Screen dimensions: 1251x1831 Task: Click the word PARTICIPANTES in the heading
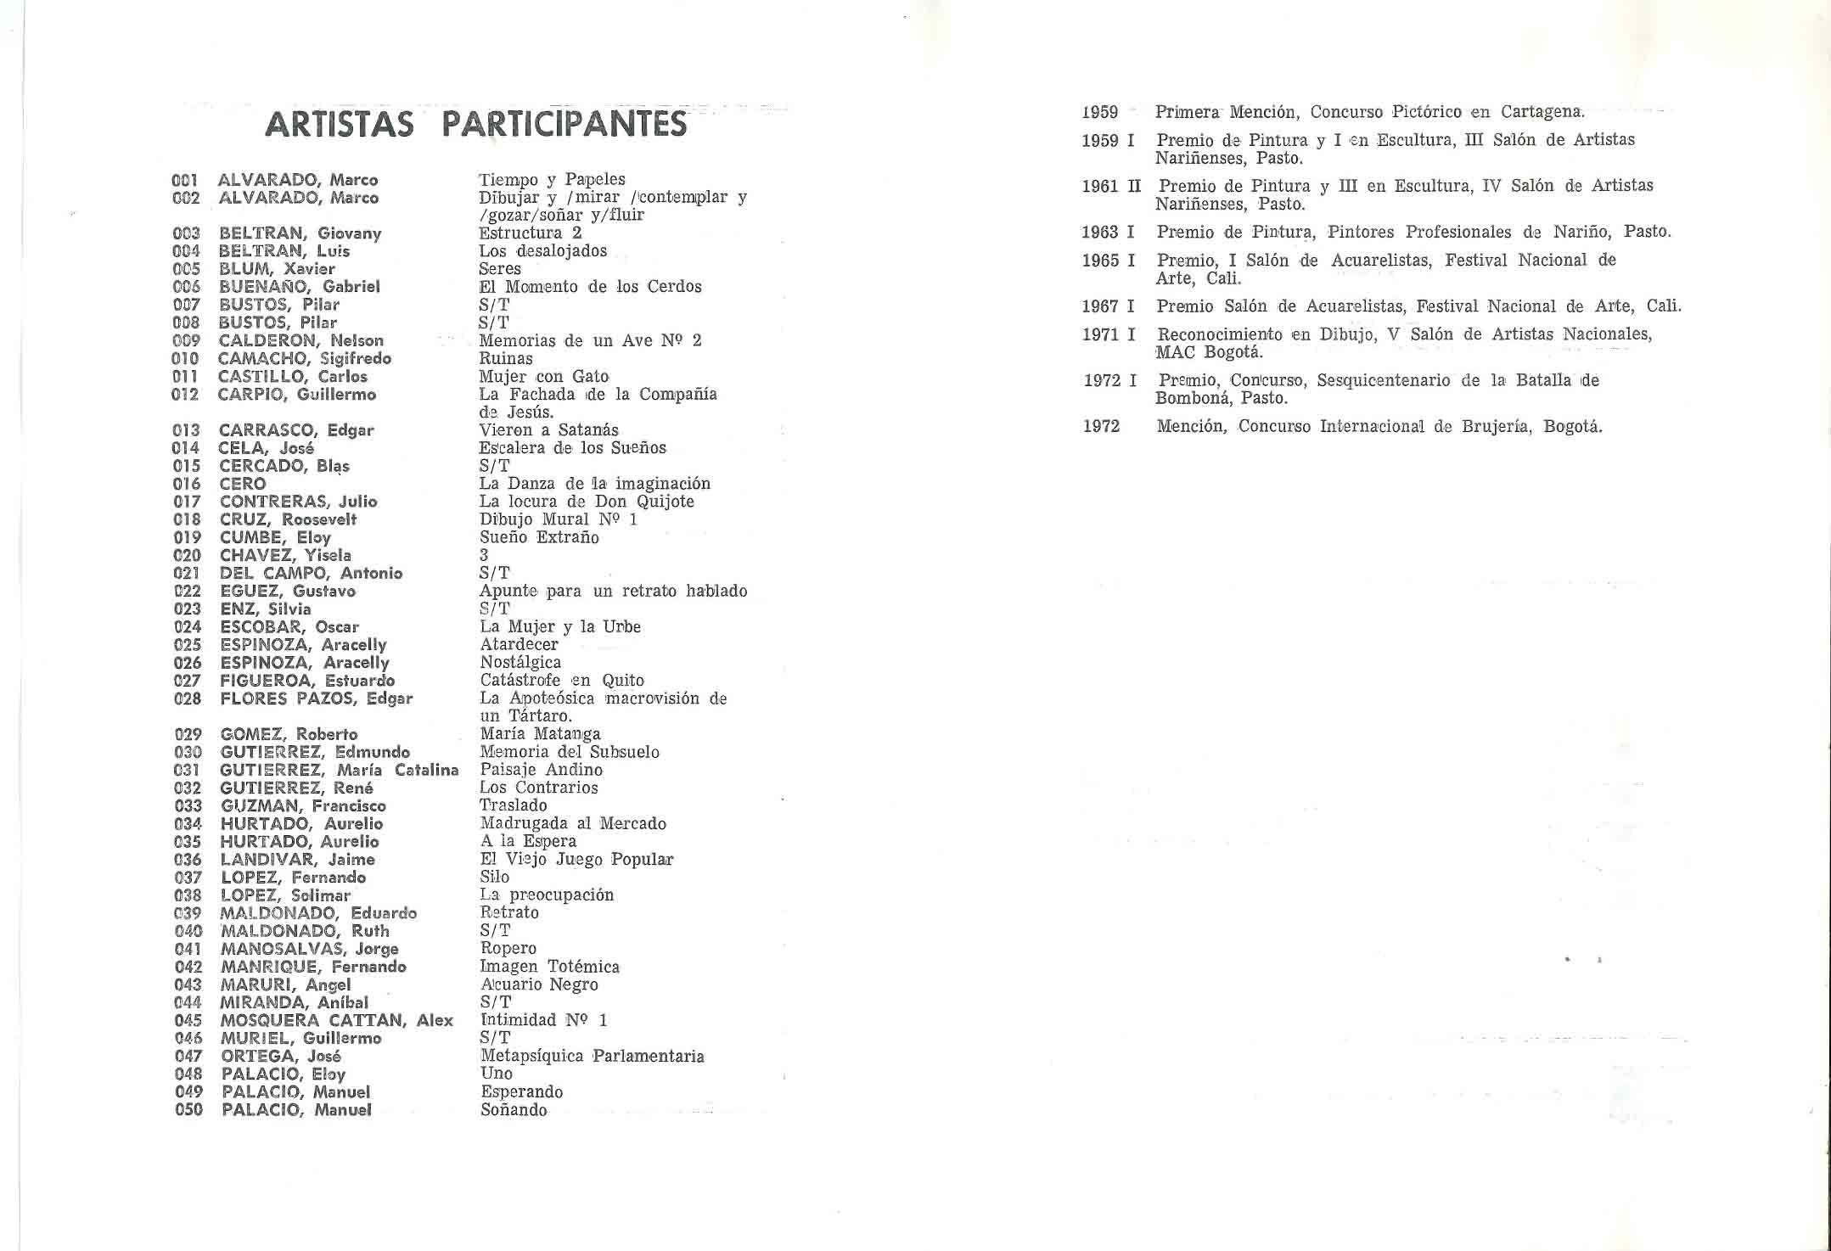coord(564,124)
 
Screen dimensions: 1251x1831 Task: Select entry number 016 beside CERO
coord(187,484)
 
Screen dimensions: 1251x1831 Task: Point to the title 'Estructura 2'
coord(530,233)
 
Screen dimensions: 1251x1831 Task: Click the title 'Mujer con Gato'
coord(543,376)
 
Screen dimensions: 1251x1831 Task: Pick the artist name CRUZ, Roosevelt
coord(288,519)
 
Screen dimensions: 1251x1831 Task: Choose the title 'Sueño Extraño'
coord(539,537)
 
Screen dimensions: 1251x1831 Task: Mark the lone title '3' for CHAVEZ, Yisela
coord(484,555)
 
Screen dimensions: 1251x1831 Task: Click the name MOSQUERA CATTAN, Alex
coord(336,1020)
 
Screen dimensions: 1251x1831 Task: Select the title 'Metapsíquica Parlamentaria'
coord(592,1056)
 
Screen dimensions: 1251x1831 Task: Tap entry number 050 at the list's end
coord(188,1109)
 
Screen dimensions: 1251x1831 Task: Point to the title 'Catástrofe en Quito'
coord(562,680)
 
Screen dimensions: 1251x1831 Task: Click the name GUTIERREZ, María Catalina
coord(339,770)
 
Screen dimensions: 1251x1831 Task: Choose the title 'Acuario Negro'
coord(539,985)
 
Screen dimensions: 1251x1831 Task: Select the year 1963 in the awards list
coord(1100,233)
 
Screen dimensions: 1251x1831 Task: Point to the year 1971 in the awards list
coord(1100,335)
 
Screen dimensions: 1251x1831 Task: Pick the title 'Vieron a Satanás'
coord(548,430)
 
